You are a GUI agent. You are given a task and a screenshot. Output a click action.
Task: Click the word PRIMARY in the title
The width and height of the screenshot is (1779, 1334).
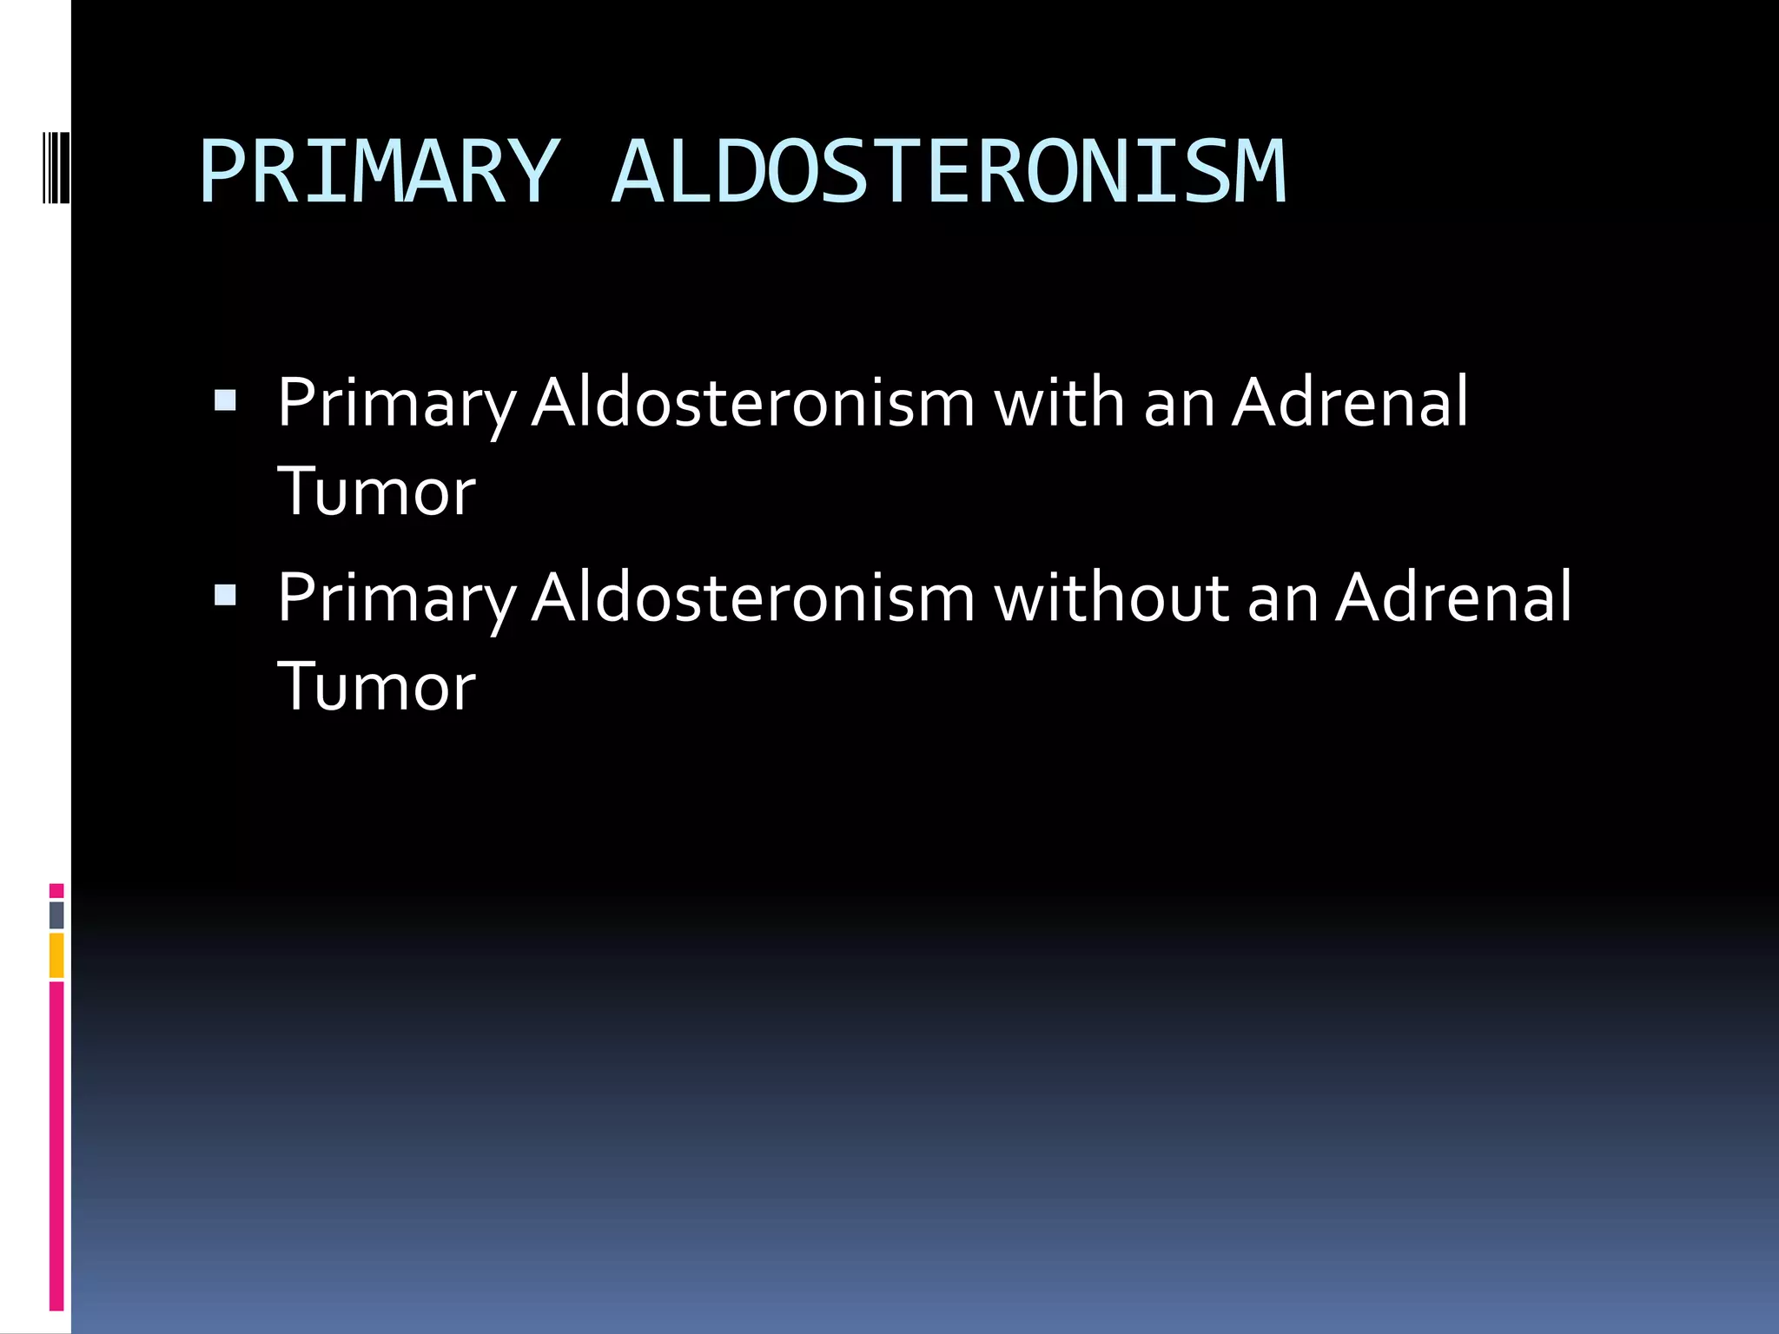(378, 172)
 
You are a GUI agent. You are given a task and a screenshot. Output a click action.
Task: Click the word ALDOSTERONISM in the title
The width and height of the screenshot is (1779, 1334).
(949, 172)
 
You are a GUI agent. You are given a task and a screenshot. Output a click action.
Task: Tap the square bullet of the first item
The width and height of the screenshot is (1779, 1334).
(225, 400)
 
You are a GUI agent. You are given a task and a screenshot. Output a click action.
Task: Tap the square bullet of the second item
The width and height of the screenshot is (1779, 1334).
(225, 595)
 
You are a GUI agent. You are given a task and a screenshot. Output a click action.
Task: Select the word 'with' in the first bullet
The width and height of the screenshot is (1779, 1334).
(1059, 403)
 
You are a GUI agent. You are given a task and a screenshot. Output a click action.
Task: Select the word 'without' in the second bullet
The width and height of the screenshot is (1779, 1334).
(1111, 598)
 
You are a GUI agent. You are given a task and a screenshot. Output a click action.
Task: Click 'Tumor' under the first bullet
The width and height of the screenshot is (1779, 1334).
(376, 492)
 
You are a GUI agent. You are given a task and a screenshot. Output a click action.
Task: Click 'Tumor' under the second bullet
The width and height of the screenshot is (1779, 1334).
(376, 687)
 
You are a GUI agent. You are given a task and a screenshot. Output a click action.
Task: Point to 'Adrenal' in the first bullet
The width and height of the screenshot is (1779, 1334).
(1350, 403)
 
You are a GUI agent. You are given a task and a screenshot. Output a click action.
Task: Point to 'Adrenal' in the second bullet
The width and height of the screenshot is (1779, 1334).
(1453, 598)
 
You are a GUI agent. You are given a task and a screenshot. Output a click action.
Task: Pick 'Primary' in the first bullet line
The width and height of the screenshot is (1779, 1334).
(396, 405)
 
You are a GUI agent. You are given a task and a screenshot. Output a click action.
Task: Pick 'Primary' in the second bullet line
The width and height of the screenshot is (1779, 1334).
(396, 599)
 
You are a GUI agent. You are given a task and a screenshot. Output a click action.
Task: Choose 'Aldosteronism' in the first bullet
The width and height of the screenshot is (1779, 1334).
(753, 403)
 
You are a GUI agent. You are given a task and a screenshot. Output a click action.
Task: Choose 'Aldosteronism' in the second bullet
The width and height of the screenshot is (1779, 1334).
(753, 598)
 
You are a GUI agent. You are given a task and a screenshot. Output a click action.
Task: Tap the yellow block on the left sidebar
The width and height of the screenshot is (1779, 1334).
(56, 955)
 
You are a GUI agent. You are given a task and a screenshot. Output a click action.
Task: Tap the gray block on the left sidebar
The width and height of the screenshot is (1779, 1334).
(56, 915)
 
